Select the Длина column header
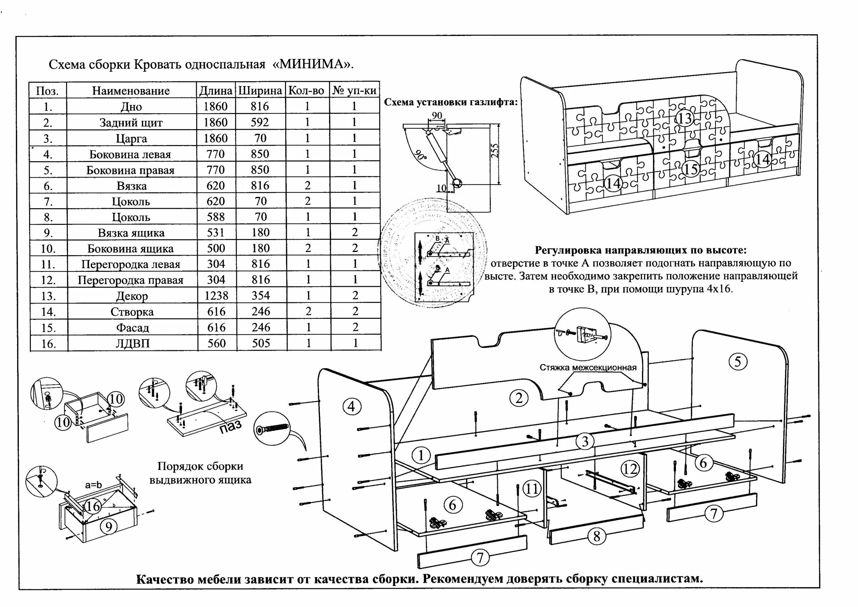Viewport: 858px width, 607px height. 216,90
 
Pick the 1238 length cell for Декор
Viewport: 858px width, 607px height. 216,296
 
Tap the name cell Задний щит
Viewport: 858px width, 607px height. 131,123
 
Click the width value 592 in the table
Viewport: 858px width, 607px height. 260,122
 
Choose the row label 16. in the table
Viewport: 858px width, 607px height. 48,344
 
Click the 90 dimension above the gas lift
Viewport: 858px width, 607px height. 437,116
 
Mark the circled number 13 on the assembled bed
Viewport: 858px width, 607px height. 685,119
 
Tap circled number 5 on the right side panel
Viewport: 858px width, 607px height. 738,361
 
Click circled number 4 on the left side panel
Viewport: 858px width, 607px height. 351,406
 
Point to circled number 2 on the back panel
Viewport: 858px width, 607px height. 519,398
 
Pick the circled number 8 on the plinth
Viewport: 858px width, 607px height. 597,536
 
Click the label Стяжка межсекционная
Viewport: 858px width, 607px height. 588,367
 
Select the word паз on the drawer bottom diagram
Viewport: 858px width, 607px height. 230,426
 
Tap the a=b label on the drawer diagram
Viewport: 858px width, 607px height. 94,485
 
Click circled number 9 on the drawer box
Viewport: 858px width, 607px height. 109,527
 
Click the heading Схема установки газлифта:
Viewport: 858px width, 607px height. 451,102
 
